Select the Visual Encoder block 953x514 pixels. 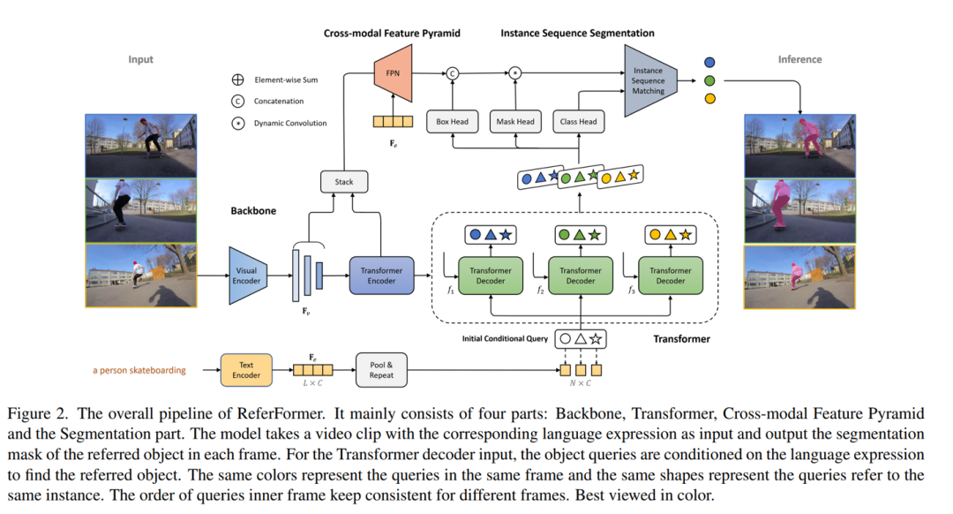(247, 276)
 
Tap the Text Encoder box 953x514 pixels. (246, 370)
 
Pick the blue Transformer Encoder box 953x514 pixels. (381, 276)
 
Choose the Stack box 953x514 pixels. (344, 182)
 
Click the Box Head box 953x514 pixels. (453, 121)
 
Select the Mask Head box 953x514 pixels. (514, 121)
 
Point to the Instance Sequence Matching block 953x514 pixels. (649, 81)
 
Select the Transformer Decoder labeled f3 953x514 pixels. (670, 276)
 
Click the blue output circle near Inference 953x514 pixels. (709, 63)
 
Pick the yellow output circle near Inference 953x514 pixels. (709, 98)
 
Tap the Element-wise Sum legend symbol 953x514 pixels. (238, 79)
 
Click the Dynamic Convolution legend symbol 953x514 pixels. (238, 124)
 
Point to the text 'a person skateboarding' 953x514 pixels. (139, 370)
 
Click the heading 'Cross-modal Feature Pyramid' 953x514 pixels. (392, 34)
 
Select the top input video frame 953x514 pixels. (141, 145)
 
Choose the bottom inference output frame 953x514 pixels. (799, 276)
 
